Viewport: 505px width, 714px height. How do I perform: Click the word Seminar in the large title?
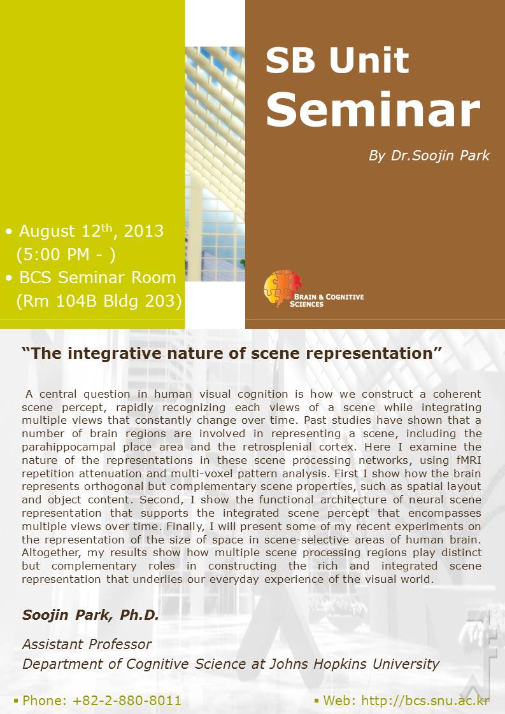(373, 109)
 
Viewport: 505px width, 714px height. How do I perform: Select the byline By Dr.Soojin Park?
(429, 156)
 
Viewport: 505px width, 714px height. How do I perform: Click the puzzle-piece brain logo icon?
(283, 288)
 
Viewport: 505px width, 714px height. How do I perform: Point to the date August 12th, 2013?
(91, 231)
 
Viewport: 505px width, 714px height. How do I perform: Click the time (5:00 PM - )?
(66, 254)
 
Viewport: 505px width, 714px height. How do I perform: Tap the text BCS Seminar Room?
(97, 277)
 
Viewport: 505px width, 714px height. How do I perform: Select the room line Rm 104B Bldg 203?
(99, 301)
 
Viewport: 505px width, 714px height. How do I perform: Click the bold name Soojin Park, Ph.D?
(90, 615)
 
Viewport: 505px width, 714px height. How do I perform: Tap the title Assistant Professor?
(87, 645)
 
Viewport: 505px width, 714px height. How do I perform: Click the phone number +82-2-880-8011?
(127, 701)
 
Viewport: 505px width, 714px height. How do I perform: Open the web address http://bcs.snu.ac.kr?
(425, 701)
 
